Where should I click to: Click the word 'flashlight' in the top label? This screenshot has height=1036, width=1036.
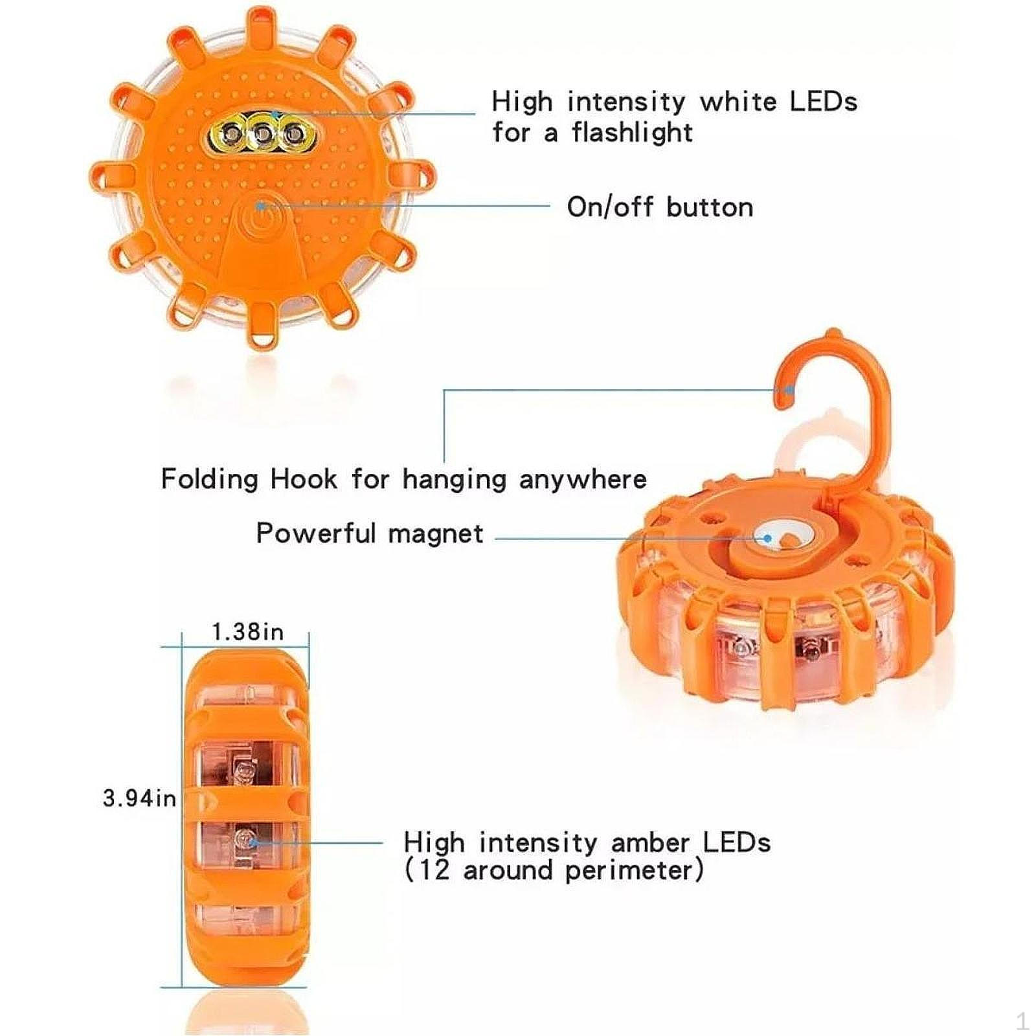tap(632, 133)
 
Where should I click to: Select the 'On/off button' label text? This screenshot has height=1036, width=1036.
tap(660, 207)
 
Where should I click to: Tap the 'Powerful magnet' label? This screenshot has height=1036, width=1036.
tap(369, 534)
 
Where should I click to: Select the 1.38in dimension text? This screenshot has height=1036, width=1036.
tap(248, 631)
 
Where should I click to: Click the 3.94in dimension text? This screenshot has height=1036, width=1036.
tap(139, 798)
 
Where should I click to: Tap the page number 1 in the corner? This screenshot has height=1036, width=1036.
tap(1022, 1022)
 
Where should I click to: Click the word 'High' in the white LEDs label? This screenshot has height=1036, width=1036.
tap(522, 102)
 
